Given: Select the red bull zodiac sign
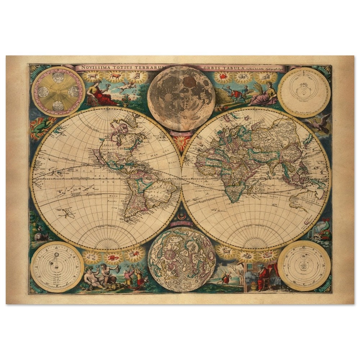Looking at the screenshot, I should [x=115, y=76].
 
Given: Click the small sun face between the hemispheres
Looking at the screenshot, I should [x=181, y=139].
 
